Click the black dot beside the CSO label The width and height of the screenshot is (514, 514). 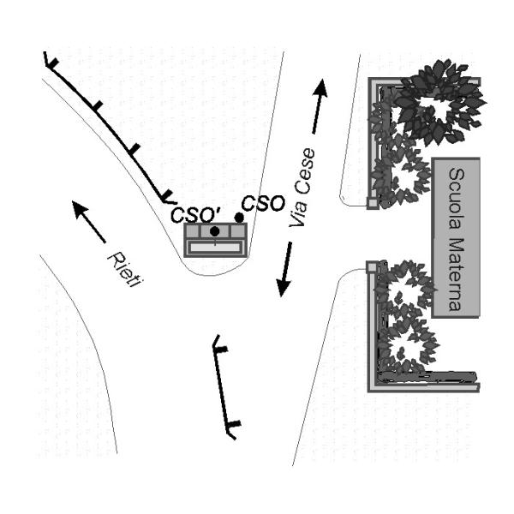[239, 218]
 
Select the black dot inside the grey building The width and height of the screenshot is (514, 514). [214, 231]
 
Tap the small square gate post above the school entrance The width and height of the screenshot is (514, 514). [372, 203]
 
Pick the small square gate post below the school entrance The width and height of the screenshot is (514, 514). [372, 268]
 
